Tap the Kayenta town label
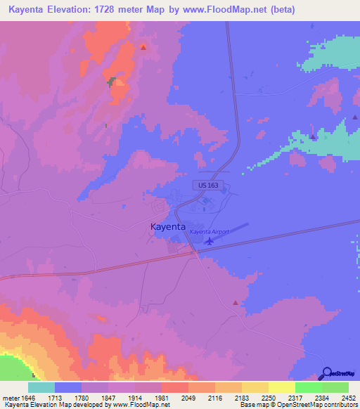click(x=168, y=227)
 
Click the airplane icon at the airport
click(x=210, y=241)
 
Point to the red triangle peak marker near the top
click(x=143, y=47)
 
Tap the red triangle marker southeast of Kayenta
click(x=236, y=302)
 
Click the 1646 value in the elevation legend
click(x=27, y=397)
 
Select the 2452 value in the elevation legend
click(x=348, y=397)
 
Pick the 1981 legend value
click(x=161, y=397)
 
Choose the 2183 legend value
click(x=241, y=397)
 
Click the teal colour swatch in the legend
click(x=41, y=387)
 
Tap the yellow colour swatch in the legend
click(x=281, y=387)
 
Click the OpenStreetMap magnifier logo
click(x=326, y=373)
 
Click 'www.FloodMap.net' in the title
click(x=227, y=9)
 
